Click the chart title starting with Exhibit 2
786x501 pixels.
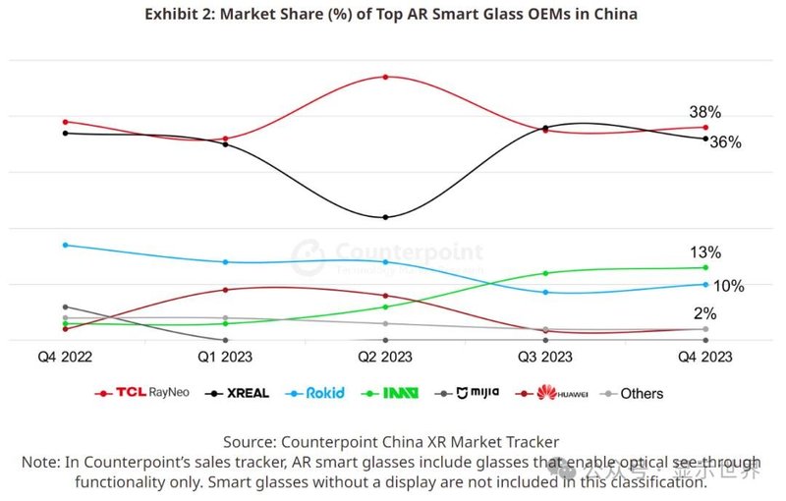[391, 15]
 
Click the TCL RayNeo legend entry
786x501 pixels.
[138, 393]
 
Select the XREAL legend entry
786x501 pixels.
[239, 393]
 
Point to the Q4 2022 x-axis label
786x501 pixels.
[66, 358]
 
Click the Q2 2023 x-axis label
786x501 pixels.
[384, 358]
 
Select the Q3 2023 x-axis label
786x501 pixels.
[544, 358]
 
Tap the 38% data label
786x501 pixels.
[704, 113]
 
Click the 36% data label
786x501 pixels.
[725, 142]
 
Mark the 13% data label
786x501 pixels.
[704, 252]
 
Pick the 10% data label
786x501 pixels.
[728, 286]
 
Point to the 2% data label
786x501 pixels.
[704, 314]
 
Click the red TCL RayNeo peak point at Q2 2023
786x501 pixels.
[385, 77]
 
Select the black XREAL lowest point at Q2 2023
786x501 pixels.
[385, 217]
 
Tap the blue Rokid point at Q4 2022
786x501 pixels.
[65, 245]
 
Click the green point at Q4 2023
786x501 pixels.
[704, 267]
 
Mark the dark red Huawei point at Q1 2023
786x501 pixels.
[225, 290]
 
